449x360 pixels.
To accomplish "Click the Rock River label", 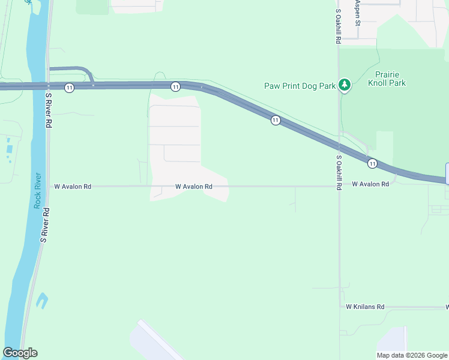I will point(37,190).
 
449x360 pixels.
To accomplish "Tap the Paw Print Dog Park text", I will point(300,86).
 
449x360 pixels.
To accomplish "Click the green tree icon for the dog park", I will point(345,86).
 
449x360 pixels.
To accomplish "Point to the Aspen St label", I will point(357,13).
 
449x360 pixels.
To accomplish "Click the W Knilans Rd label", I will point(364,307).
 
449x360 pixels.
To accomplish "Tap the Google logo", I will point(20,353).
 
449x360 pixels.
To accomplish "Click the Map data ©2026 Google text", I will point(412,355).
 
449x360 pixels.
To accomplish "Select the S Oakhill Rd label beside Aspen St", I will point(339,26).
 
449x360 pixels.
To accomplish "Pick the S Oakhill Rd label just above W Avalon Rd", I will point(339,173).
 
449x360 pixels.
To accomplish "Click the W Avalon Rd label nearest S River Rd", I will point(73,187).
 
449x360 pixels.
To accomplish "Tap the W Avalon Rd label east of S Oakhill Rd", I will point(370,184).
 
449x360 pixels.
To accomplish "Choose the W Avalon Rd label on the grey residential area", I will point(194,187).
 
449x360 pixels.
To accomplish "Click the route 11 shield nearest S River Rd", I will point(70,88).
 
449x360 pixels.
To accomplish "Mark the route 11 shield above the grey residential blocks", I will point(175,87).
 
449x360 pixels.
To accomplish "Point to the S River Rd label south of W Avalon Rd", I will point(43,225).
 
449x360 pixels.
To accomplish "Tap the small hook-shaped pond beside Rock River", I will point(41,300).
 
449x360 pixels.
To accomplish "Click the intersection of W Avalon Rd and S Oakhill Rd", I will point(339,186).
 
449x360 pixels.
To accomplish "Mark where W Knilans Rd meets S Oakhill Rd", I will point(340,307).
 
